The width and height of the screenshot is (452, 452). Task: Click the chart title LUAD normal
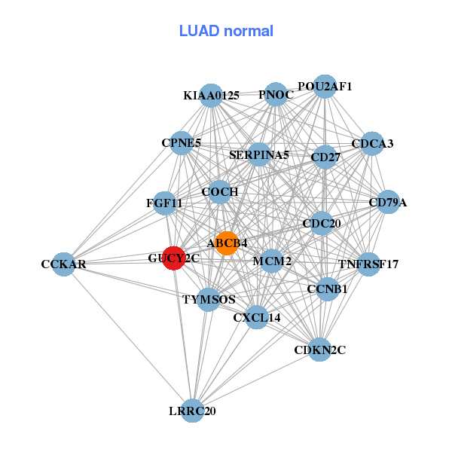coord(226,32)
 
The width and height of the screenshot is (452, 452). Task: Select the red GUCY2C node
coord(174,258)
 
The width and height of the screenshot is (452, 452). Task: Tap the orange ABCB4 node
coord(227,243)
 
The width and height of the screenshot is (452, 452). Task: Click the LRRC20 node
coord(193,411)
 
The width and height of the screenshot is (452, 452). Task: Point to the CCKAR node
coord(64,264)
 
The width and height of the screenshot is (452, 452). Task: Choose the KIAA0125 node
coord(212,96)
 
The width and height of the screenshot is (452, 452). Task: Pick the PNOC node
coord(276,95)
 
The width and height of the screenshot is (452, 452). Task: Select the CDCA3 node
coord(372,143)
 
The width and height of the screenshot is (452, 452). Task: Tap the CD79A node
coord(388,203)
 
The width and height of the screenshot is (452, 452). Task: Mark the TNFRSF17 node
coord(368,264)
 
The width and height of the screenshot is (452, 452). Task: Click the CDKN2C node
coord(320,350)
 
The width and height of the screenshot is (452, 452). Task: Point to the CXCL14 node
coord(257,318)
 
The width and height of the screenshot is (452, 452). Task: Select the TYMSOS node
coord(209,299)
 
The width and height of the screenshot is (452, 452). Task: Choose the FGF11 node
coord(164,203)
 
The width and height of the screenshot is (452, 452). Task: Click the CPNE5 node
coord(182,142)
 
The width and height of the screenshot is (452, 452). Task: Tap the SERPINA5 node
coord(259,155)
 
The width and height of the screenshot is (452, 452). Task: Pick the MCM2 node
coord(272,261)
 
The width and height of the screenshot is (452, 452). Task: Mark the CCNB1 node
coord(327,289)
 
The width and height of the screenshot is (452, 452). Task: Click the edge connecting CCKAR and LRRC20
coord(128,337)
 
